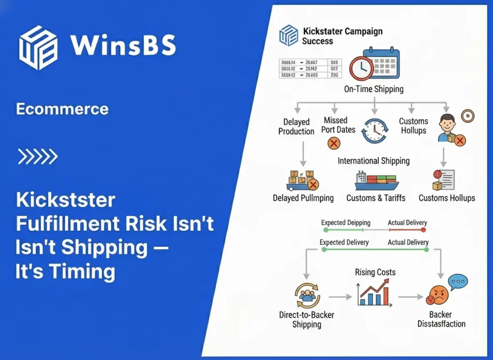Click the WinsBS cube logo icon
[38, 47]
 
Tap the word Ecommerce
[62, 109]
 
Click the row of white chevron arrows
[38, 156]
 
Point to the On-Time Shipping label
[374, 89]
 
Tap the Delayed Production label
[296, 127]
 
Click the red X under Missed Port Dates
[334, 143]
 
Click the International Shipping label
[374, 161]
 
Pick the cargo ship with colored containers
[376, 181]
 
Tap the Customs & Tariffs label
[376, 198]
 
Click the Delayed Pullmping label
[303, 198]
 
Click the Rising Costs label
[375, 272]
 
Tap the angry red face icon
[437, 295]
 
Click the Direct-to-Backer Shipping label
[307, 320]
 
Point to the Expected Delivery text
[344, 242]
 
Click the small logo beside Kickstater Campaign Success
[289, 36]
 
